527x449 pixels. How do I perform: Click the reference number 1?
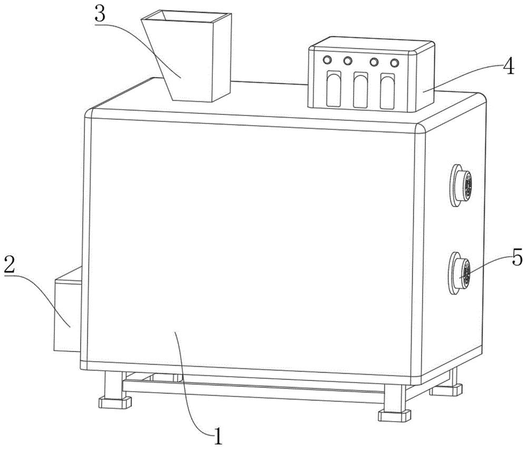pos(218,436)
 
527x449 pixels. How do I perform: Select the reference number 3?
pos(100,14)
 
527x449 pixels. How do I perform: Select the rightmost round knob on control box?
pos(395,63)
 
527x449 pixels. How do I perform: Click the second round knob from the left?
pos(347,61)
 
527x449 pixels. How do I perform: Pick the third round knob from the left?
pos(374,62)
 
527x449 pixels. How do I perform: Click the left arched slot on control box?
pos(334,89)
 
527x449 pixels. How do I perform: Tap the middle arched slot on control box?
pos(360,90)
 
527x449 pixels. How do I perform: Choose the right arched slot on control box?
pos(387,91)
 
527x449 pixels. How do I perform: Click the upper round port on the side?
pos(461,185)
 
